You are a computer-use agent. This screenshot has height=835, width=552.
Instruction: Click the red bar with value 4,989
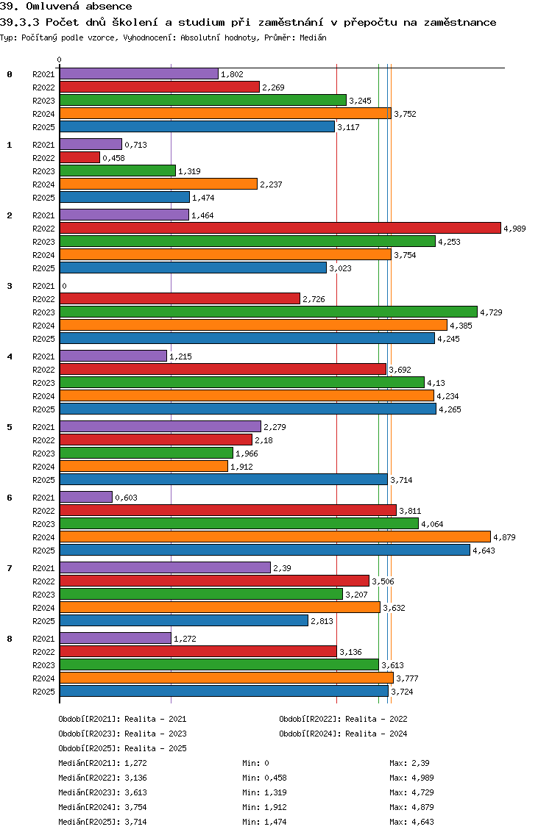(280, 229)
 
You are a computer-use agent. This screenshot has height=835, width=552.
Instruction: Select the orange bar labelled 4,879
(275, 537)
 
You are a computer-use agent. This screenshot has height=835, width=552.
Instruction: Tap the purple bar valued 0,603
(85, 498)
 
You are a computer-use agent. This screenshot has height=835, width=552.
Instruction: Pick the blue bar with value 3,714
(223, 480)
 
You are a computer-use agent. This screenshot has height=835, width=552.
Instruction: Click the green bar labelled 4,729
(268, 312)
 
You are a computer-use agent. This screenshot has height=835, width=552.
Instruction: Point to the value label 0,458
(113, 158)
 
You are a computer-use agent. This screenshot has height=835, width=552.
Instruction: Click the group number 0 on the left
(10, 74)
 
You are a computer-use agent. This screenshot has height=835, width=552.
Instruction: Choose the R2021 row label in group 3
(43, 286)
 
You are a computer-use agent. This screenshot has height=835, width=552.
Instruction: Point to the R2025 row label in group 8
(43, 692)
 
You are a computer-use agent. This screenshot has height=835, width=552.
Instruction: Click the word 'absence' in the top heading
(110, 7)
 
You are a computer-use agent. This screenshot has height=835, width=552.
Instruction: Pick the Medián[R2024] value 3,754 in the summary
(138, 807)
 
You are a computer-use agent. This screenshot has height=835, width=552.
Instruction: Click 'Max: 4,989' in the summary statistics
(408, 778)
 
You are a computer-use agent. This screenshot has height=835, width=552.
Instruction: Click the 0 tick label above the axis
(60, 60)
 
